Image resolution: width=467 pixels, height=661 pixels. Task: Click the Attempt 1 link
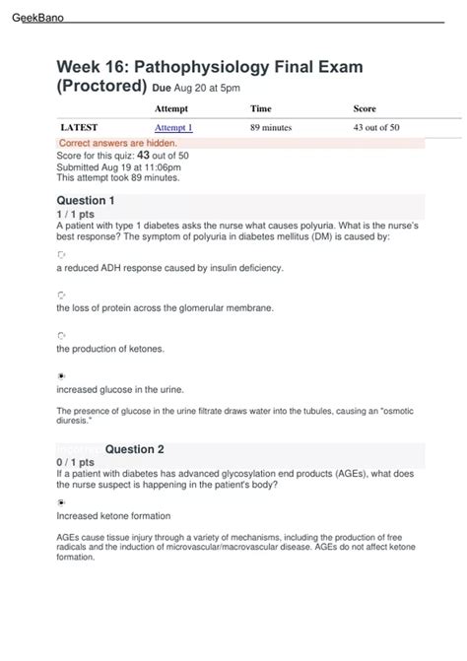[x=173, y=128]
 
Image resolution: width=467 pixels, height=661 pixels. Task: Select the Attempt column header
[x=171, y=108]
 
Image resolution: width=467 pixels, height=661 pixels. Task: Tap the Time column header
[x=261, y=108]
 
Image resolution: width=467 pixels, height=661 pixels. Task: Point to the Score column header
[x=364, y=108]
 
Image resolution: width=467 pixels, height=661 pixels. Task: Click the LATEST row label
[x=78, y=128]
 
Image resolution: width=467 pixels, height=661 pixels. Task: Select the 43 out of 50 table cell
[x=376, y=128]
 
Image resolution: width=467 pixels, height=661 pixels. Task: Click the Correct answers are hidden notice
[x=118, y=144]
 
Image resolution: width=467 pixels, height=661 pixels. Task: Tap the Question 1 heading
[x=86, y=201]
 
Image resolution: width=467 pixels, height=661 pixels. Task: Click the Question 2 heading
[x=134, y=449]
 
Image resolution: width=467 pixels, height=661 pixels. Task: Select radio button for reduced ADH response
[x=61, y=254]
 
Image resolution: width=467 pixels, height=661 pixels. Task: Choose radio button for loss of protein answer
[x=61, y=295]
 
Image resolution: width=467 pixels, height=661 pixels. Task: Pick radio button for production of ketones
[x=61, y=335]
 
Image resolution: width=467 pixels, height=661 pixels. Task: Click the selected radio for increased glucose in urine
[x=61, y=375]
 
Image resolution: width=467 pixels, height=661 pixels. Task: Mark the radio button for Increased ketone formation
[x=61, y=501]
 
